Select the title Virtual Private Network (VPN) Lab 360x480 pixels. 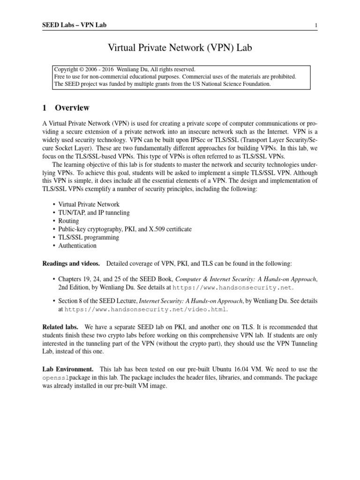tap(180, 47)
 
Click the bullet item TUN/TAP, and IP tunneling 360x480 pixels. tap(94, 212)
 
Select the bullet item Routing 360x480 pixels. tap(68, 221)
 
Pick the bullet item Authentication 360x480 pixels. tap(77, 245)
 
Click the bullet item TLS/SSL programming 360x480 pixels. tap(89, 237)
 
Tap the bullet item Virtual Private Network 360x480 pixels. tap(89, 204)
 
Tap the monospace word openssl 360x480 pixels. tap(56, 378)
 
